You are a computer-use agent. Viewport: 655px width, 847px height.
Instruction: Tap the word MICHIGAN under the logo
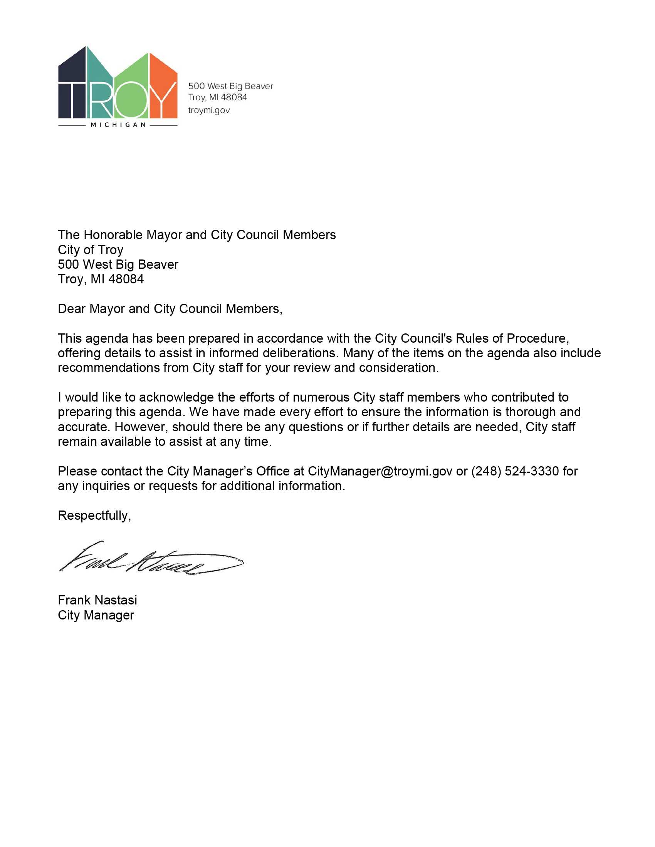(118, 125)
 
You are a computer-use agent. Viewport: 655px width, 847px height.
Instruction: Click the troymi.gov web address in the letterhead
(209, 110)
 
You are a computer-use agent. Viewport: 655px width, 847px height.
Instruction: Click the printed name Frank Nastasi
(97, 600)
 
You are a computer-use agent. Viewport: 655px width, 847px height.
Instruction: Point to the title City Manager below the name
(96, 615)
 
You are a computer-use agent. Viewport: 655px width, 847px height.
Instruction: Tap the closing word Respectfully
(94, 516)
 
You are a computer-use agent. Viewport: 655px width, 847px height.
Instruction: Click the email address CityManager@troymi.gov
(380, 471)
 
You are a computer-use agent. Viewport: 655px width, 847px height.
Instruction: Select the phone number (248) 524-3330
(515, 471)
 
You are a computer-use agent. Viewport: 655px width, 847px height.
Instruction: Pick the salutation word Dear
(72, 309)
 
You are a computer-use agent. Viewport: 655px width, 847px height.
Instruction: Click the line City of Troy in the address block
(91, 250)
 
